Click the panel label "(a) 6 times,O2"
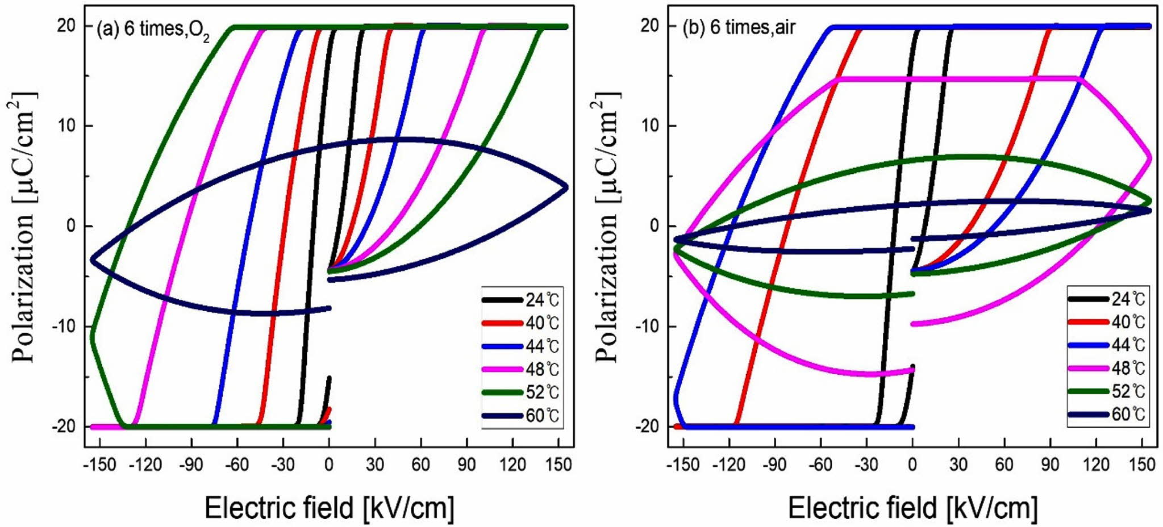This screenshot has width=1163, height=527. [153, 29]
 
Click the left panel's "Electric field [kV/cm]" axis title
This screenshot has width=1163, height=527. [329, 507]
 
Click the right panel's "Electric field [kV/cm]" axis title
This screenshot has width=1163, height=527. [912, 507]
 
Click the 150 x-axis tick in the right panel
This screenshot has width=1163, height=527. [1140, 465]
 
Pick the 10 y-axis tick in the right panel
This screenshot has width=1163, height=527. [651, 126]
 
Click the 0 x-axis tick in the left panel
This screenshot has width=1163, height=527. [329, 465]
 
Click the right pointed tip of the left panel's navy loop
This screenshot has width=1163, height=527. [566, 187]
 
